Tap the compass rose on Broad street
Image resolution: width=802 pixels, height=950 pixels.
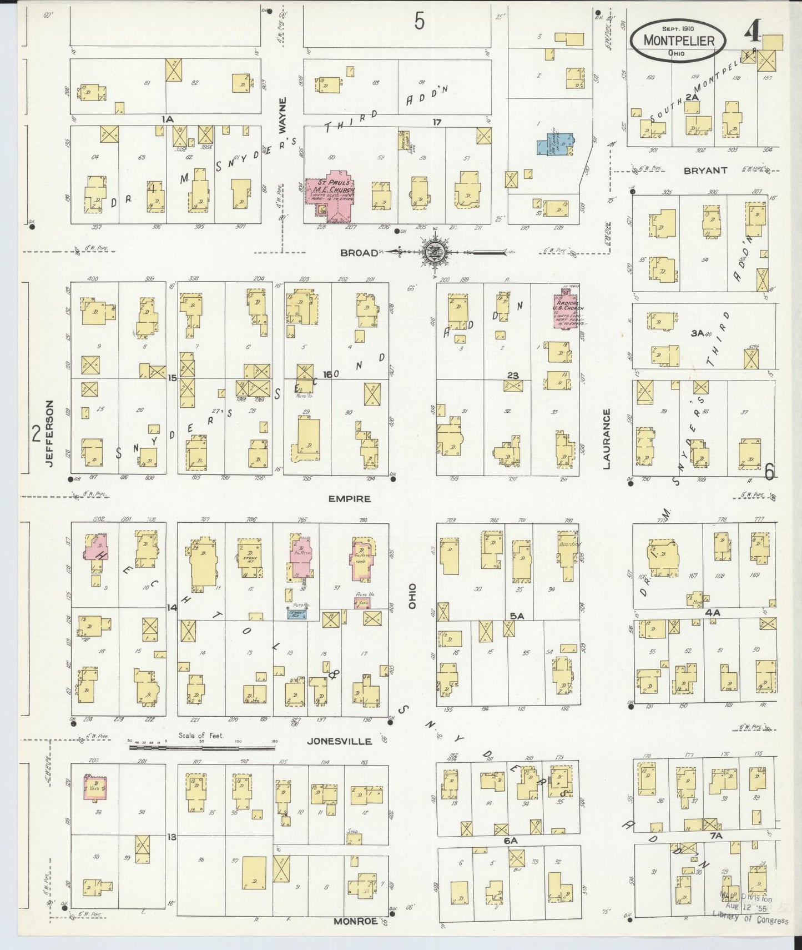pos(432,252)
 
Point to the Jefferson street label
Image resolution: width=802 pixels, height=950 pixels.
pos(50,434)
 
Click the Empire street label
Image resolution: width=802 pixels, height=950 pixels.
pos(349,499)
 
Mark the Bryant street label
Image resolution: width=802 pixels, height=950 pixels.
pos(705,171)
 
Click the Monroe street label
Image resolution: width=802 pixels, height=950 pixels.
pos(356,921)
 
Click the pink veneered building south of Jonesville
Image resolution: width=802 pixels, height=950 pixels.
pos(95,787)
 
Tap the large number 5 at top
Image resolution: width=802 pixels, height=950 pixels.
pos(419,22)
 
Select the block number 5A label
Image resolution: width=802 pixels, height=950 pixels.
pos(517,616)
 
